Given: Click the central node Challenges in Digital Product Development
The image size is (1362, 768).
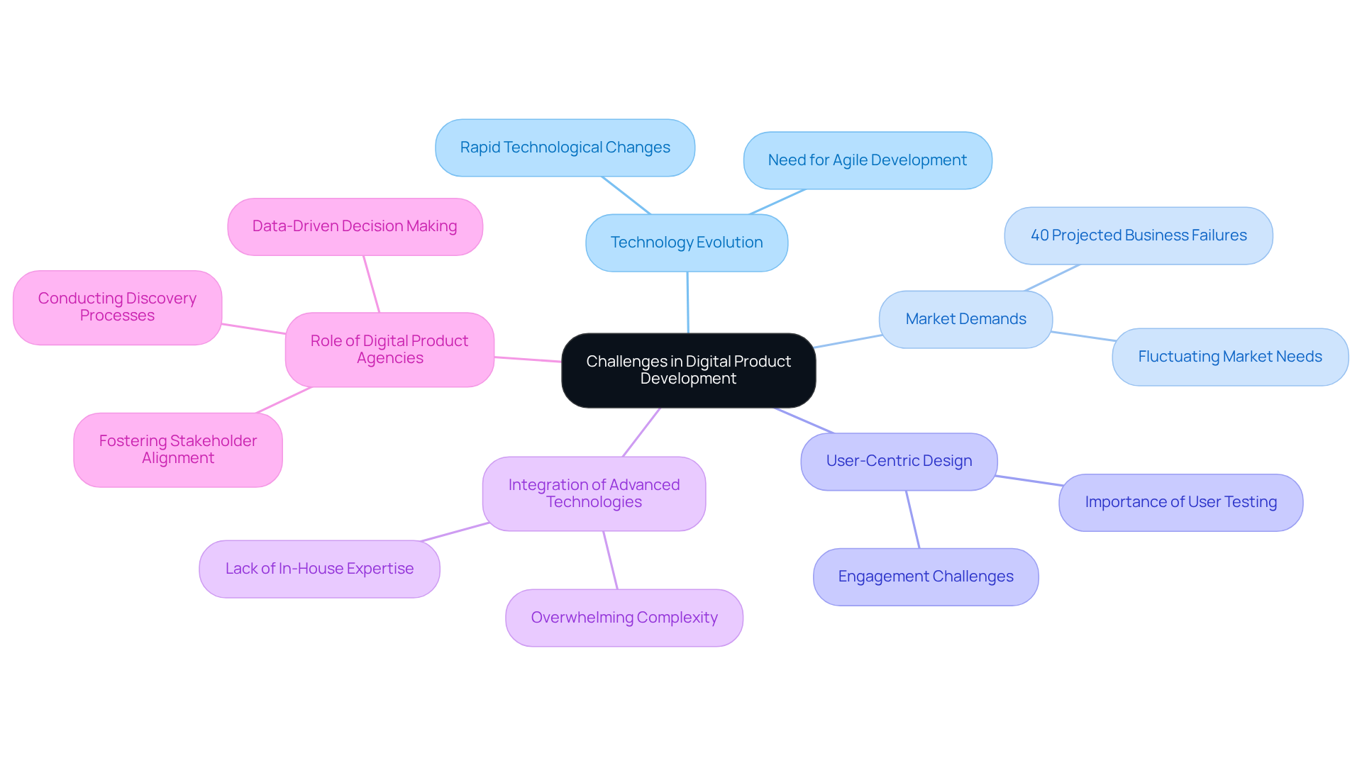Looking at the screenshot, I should click(x=688, y=370).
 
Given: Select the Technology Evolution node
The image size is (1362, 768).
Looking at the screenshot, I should click(x=687, y=243).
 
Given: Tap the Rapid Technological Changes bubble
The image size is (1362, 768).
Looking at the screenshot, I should click(x=565, y=148).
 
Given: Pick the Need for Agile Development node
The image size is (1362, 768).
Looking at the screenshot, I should click(x=867, y=160).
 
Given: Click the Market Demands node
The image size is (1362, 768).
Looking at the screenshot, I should click(x=965, y=319).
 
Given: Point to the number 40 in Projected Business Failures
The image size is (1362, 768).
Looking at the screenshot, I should click(x=1040, y=235).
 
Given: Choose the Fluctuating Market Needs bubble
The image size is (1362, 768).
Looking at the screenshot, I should click(x=1229, y=357).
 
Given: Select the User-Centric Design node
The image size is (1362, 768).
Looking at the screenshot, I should click(x=899, y=461).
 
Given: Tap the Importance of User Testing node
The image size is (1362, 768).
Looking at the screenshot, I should click(x=1180, y=502).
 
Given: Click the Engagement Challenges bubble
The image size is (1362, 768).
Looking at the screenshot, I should click(x=925, y=577).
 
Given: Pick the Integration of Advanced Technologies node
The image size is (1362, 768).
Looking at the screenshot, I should click(x=594, y=494).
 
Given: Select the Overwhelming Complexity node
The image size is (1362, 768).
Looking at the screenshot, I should click(x=624, y=618).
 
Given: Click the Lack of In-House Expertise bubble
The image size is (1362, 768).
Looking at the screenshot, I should click(x=319, y=569).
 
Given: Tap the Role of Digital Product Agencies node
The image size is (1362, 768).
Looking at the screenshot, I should click(x=389, y=350).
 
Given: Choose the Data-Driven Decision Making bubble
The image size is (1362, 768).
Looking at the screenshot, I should click(x=355, y=226).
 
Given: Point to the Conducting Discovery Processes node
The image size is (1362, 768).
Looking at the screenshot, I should click(x=117, y=307).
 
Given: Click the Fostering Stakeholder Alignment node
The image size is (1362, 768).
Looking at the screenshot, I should click(x=178, y=450).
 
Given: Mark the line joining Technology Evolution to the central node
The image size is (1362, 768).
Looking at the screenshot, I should click(x=687, y=302).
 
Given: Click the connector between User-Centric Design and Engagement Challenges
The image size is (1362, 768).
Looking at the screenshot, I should click(x=912, y=519).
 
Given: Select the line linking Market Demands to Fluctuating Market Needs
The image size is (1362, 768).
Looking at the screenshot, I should click(x=1083, y=336).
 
